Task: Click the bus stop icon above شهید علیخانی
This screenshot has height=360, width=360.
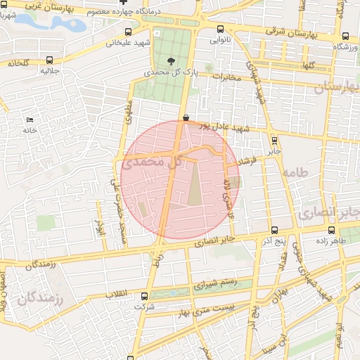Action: click(x=128, y=32)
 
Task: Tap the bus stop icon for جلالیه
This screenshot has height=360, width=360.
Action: click(x=48, y=61)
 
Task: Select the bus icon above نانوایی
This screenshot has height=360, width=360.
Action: click(x=221, y=30)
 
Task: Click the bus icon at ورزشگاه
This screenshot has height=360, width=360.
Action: click(x=345, y=37)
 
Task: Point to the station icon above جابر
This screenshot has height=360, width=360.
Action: click(x=274, y=140)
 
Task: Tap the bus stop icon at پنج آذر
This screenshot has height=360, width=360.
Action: click(x=274, y=230)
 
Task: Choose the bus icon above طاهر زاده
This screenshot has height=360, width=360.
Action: click(x=331, y=229)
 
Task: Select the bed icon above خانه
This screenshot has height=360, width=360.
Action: click(x=30, y=120)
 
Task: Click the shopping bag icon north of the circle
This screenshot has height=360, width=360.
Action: click(x=186, y=118)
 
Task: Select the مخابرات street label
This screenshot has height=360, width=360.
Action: click(x=226, y=77)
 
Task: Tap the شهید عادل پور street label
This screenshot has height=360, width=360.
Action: click(x=224, y=129)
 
